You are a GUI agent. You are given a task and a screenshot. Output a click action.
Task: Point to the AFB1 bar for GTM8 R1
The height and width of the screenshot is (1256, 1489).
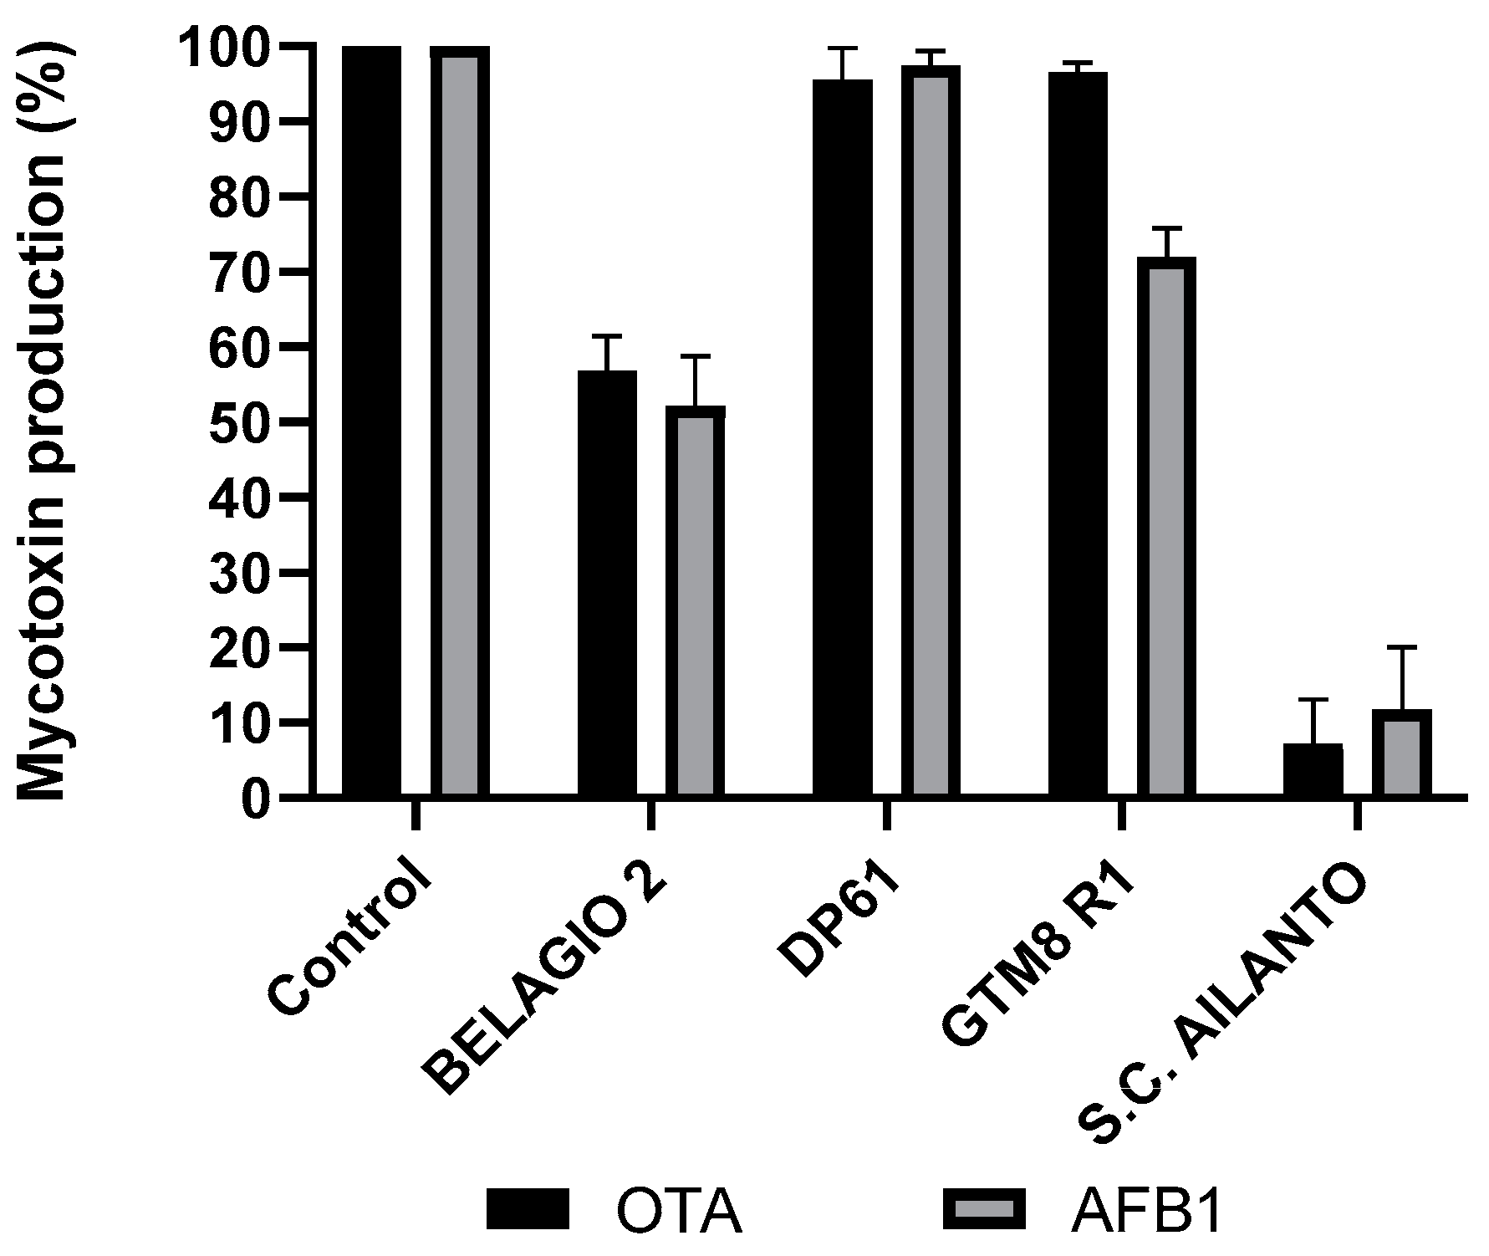(x=1165, y=527)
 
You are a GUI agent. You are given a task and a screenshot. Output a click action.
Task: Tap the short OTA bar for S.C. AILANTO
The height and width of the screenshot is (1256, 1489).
(x=1313, y=769)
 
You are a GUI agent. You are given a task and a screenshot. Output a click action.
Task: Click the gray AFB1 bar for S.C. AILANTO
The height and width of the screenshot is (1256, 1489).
(x=1401, y=753)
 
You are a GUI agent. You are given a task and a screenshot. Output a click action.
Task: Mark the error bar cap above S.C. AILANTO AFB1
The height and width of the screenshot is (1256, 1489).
(x=1401, y=647)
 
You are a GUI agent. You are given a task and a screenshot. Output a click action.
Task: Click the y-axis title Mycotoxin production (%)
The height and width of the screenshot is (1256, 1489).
(x=43, y=418)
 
